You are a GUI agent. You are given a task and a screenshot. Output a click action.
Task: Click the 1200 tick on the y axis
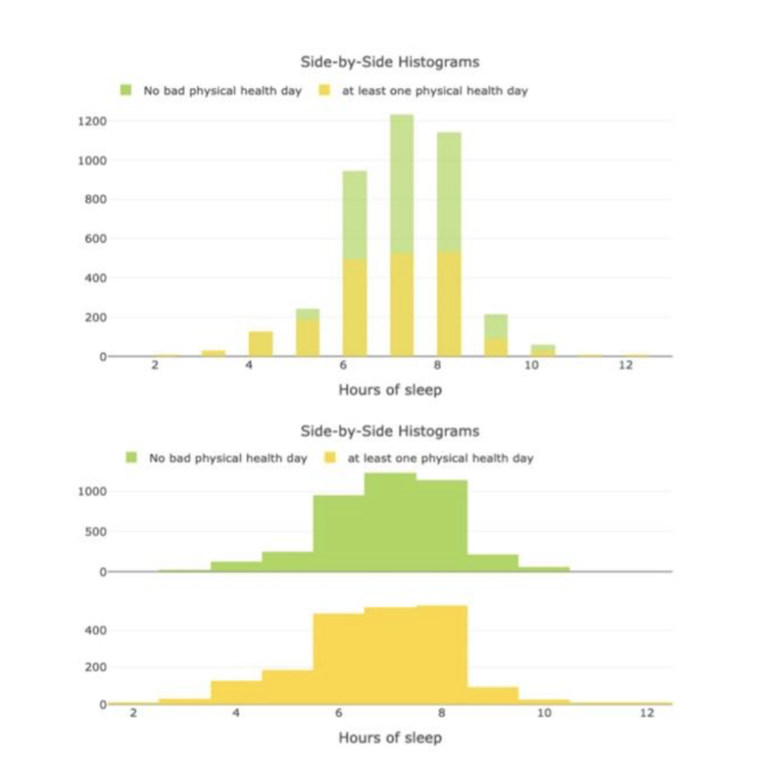click(x=93, y=121)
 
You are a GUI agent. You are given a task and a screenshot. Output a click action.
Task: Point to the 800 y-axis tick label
click(x=96, y=200)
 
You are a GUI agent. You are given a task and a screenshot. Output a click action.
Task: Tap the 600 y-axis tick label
click(x=96, y=239)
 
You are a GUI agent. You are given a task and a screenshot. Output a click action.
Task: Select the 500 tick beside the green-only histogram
click(x=96, y=532)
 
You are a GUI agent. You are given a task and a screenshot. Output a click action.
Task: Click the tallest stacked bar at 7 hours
click(x=401, y=241)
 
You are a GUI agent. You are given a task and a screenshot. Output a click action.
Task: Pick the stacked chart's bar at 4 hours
click(x=261, y=344)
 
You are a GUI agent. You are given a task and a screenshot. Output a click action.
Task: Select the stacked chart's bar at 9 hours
click(x=495, y=336)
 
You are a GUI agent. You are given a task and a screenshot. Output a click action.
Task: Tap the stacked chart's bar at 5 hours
click(x=307, y=333)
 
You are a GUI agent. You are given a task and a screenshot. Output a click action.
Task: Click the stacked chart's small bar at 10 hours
click(x=542, y=350)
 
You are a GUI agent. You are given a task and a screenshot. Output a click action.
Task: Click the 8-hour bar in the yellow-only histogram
click(x=441, y=655)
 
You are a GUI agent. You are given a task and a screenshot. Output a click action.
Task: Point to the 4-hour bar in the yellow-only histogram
click(x=236, y=692)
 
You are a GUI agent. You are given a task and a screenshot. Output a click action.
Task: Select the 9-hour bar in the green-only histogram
click(x=492, y=563)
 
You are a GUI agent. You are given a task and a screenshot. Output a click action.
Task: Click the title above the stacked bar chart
click(x=389, y=61)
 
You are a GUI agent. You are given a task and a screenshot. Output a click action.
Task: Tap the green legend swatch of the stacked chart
click(x=126, y=90)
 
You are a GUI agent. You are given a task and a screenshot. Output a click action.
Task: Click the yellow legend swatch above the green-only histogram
click(x=329, y=458)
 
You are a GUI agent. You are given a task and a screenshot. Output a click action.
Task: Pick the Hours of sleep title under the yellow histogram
click(x=389, y=737)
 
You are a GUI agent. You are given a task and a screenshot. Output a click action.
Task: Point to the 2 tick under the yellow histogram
click(x=133, y=713)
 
